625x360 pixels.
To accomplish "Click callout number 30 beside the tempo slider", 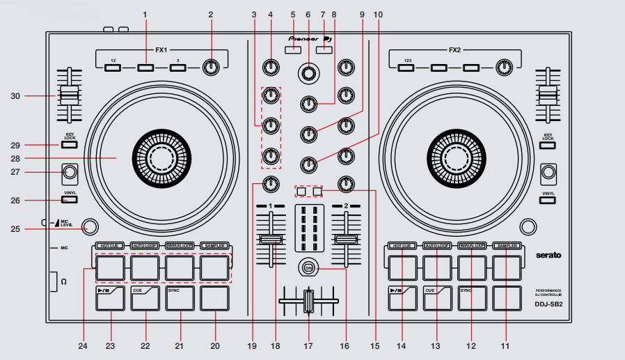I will click(x=15, y=97).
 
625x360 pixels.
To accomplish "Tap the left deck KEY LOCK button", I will click(x=69, y=146).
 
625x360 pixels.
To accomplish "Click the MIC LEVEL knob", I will click(x=89, y=226).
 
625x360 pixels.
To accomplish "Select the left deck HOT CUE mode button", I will click(x=108, y=246).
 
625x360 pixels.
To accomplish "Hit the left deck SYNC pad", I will click(x=180, y=298).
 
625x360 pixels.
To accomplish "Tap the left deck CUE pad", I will click(x=145, y=298).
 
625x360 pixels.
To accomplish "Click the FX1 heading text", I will click(x=161, y=51).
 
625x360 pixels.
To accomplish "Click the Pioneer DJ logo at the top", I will click(x=312, y=39).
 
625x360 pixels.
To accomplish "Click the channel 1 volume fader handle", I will click(x=271, y=240).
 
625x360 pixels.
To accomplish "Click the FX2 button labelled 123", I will click(x=406, y=68).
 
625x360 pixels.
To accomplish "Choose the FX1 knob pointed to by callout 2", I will click(x=209, y=68).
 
